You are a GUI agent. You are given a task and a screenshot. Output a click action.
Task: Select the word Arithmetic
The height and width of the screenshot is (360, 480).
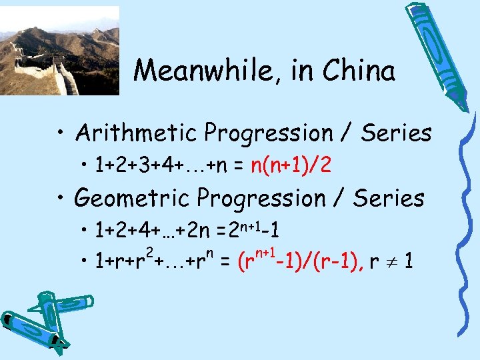pyautogui.click(x=137, y=133)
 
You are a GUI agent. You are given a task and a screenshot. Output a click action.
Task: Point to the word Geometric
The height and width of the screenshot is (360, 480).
pyautogui.click(x=135, y=198)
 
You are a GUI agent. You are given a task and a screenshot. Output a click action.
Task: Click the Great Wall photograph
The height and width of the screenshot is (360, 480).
pyautogui.click(x=59, y=51)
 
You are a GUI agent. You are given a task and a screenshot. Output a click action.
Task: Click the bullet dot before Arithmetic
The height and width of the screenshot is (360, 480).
pyautogui.click(x=61, y=134)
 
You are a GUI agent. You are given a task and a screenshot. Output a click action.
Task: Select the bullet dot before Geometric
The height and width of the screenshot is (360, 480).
pyautogui.click(x=61, y=199)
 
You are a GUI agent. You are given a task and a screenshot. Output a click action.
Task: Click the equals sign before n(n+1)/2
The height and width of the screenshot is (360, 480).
pyautogui.click(x=239, y=165)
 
